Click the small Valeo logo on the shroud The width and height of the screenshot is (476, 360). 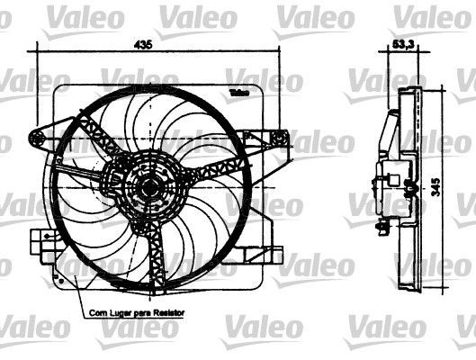238,93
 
